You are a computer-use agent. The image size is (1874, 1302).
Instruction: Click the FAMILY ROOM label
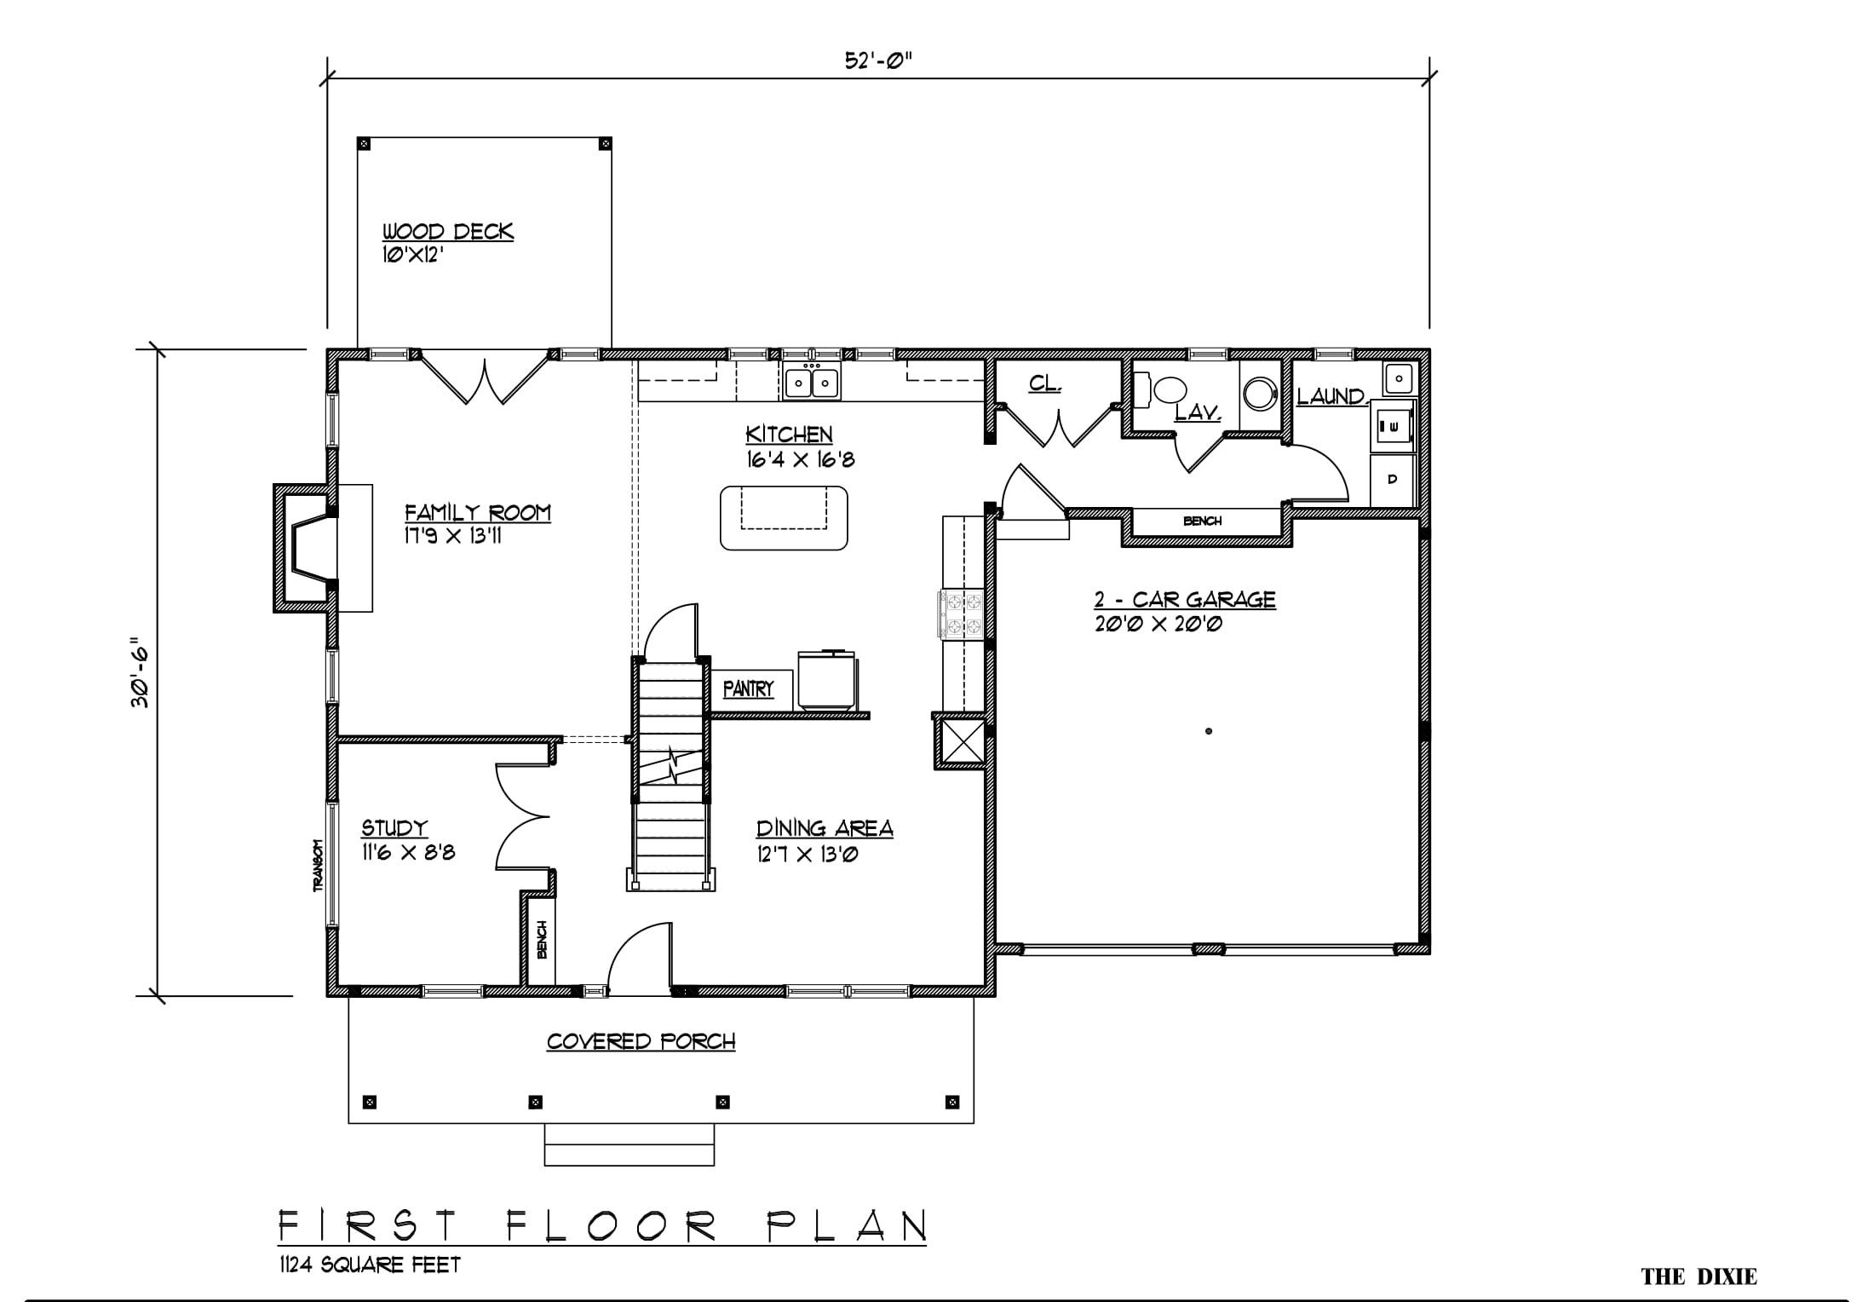[477, 513]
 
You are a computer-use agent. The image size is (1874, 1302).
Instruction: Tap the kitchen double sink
[811, 381]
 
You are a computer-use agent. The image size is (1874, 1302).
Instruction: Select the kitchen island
[784, 518]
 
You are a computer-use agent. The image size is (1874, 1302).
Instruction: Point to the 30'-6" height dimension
[140, 677]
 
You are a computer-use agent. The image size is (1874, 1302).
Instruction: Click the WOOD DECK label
[447, 231]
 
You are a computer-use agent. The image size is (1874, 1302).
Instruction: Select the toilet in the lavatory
[1163, 391]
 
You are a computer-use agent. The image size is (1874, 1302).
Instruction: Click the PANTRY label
[749, 688]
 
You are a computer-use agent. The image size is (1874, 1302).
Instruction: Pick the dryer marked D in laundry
[1392, 480]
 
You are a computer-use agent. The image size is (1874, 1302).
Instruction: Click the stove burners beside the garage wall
[961, 614]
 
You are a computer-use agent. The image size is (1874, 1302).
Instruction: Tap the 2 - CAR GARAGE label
[1185, 600]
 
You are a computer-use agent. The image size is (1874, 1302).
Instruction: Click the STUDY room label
[394, 827]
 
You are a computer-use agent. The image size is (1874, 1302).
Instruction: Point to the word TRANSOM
[319, 866]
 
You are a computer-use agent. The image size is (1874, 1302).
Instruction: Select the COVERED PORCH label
[641, 1041]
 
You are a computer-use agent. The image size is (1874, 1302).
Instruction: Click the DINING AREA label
[825, 827]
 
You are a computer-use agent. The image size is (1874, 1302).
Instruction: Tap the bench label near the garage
[1202, 521]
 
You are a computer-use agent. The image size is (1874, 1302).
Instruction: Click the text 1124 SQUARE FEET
[369, 1265]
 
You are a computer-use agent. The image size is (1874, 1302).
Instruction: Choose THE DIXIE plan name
[1699, 1276]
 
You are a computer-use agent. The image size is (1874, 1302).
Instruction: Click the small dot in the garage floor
[1209, 731]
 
